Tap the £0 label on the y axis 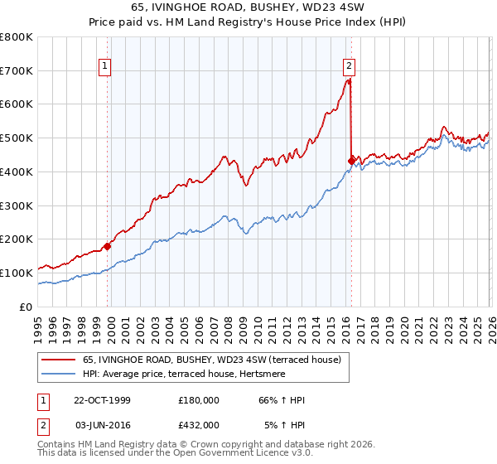click(27, 307)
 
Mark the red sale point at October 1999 click(108, 246)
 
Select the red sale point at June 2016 click(351, 160)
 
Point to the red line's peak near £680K click(349, 80)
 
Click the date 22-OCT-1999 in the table click(102, 400)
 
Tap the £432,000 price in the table click(199, 424)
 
